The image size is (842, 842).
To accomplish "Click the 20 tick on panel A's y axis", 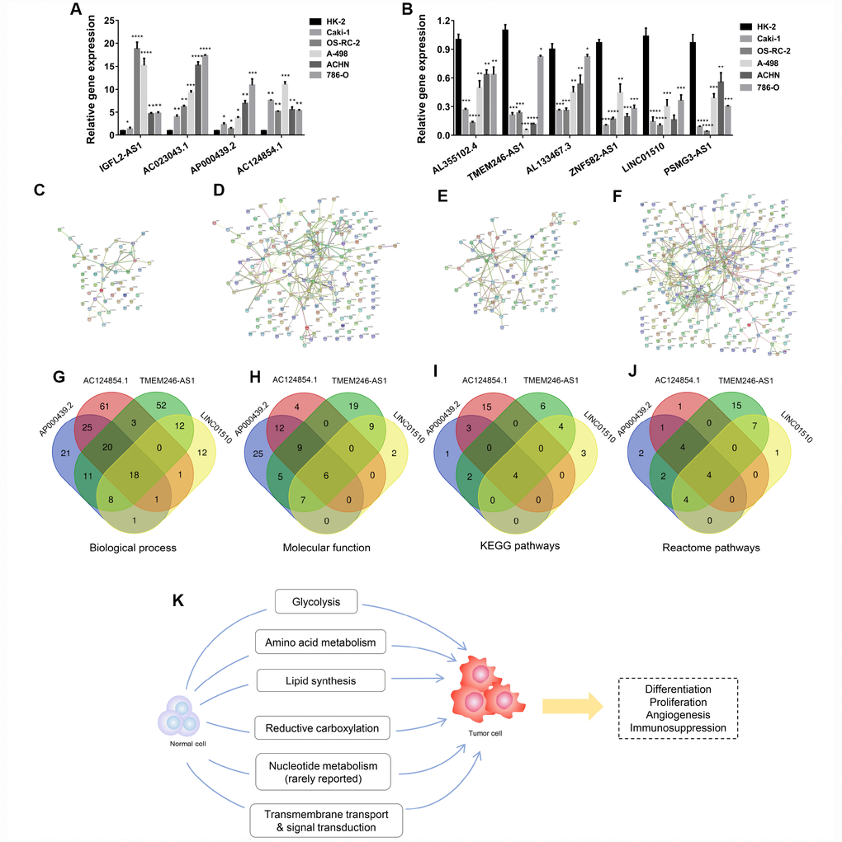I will tap(108, 45).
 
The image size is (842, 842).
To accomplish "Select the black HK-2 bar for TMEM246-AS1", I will tap(504, 82).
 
